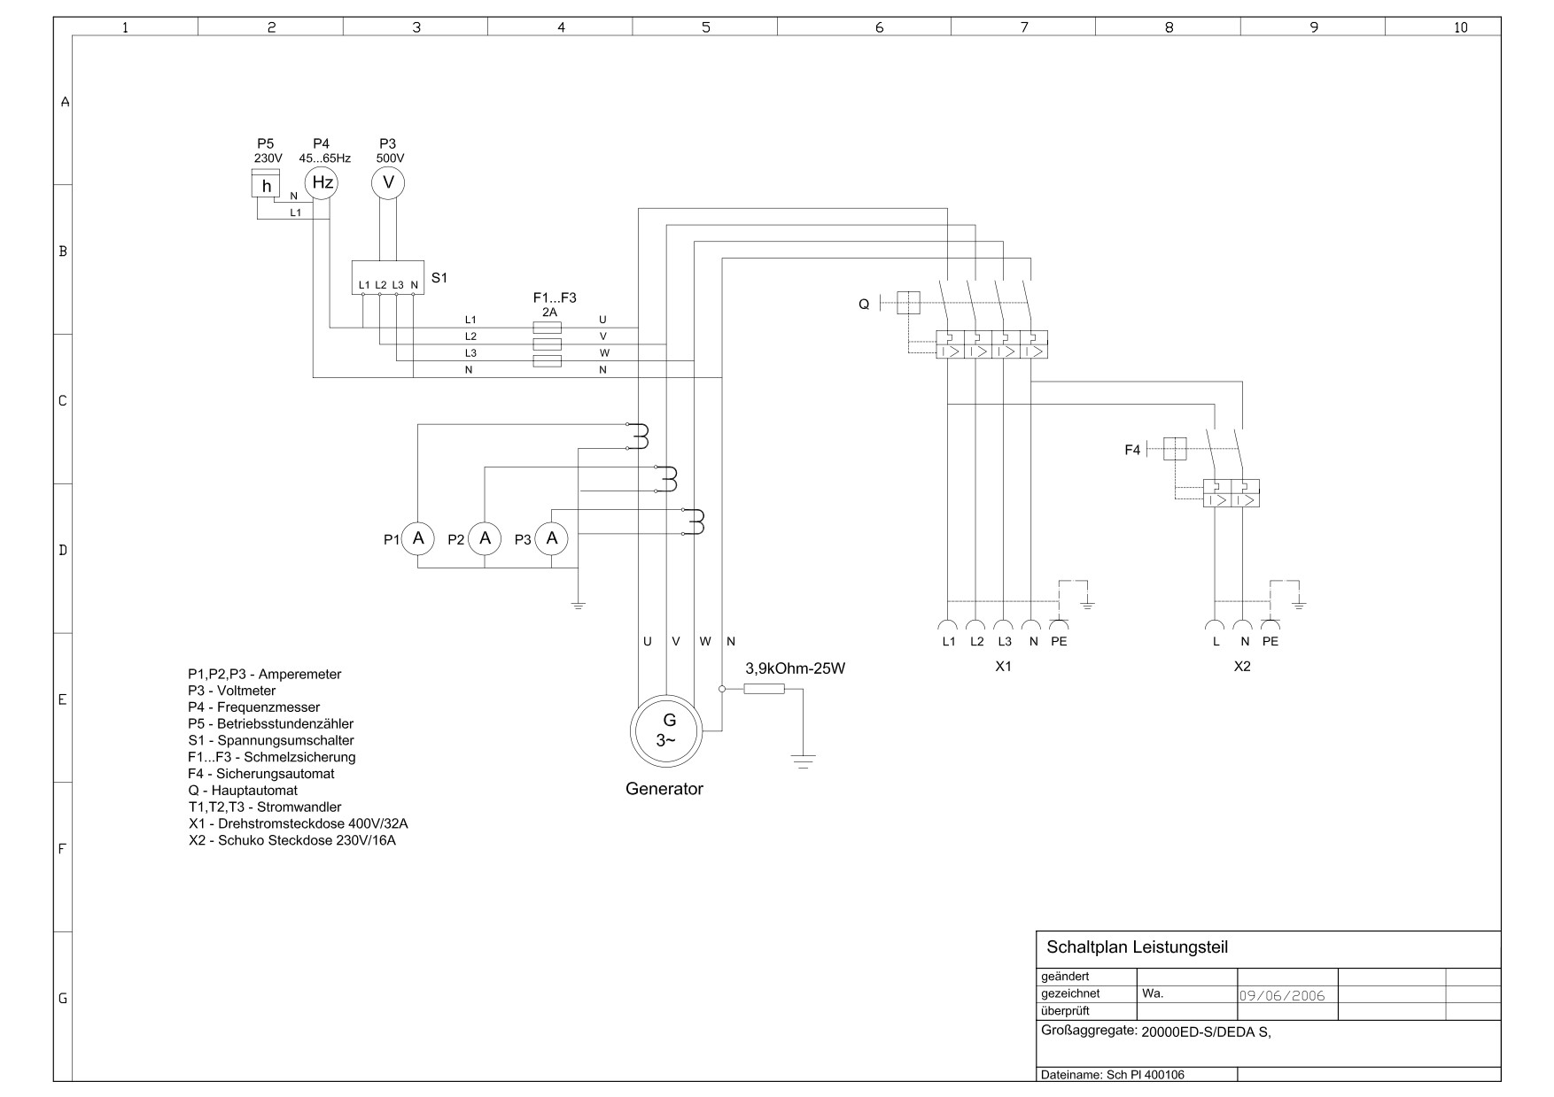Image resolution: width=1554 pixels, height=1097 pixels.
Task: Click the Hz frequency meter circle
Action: pyautogui.click(x=322, y=183)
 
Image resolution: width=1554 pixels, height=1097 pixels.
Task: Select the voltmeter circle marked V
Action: pyautogui.click(x=387, y=183)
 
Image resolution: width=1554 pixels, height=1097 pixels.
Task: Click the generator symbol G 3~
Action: pyautogui.click(x=666, y=730)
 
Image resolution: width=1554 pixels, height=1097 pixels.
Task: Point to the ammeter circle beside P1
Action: pyautogui.click(x=418, y=538)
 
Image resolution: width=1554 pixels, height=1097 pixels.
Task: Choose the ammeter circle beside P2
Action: pyautogui.click(x=485, y=538)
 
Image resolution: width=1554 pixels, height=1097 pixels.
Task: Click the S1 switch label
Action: pyautogui.click(x=439, y=277)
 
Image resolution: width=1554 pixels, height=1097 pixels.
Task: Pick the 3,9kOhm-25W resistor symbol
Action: pyautogui.click(x=764, y=688)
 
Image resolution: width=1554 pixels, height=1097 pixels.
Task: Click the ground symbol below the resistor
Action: pyautogui.click(x=803, y=760)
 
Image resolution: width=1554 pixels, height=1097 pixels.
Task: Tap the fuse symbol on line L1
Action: pyautogui.click(x=547, y=328)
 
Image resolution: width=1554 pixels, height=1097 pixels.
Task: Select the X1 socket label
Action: pyautogui.click(x=1003, y=667)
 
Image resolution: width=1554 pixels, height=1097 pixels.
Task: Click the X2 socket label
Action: pyautogui.click(x=1242, y=667)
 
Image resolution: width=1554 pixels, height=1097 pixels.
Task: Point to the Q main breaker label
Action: pyautogui.click(x=864, y=305)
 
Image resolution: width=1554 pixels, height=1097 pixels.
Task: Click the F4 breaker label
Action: pyautogui.click(x=1132, y=450)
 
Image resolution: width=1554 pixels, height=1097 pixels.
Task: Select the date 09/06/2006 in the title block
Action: pyautogui.click(x=1281, y=995)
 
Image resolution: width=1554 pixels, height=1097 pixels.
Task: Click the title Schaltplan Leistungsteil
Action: pyautogui.click(x=1138, y=947)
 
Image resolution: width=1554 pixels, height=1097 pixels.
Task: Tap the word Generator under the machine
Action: pyautogui.click(x=664, y=789)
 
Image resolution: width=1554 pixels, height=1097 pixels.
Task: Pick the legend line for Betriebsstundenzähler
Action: pyautogui.click(x=270, y=723)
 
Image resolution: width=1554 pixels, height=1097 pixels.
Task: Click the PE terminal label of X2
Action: pyautogui.click(x=1270, y=641)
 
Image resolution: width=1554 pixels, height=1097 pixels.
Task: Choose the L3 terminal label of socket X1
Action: pyautogui.click(x=1004, y=641)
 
